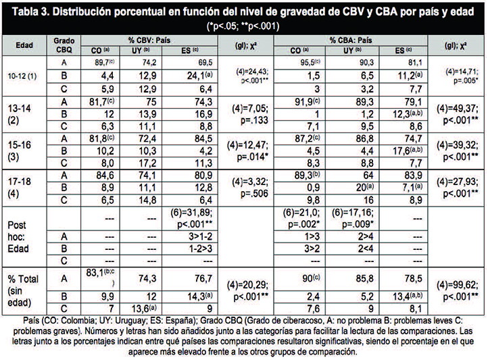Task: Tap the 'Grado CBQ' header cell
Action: tap(64, 45)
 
